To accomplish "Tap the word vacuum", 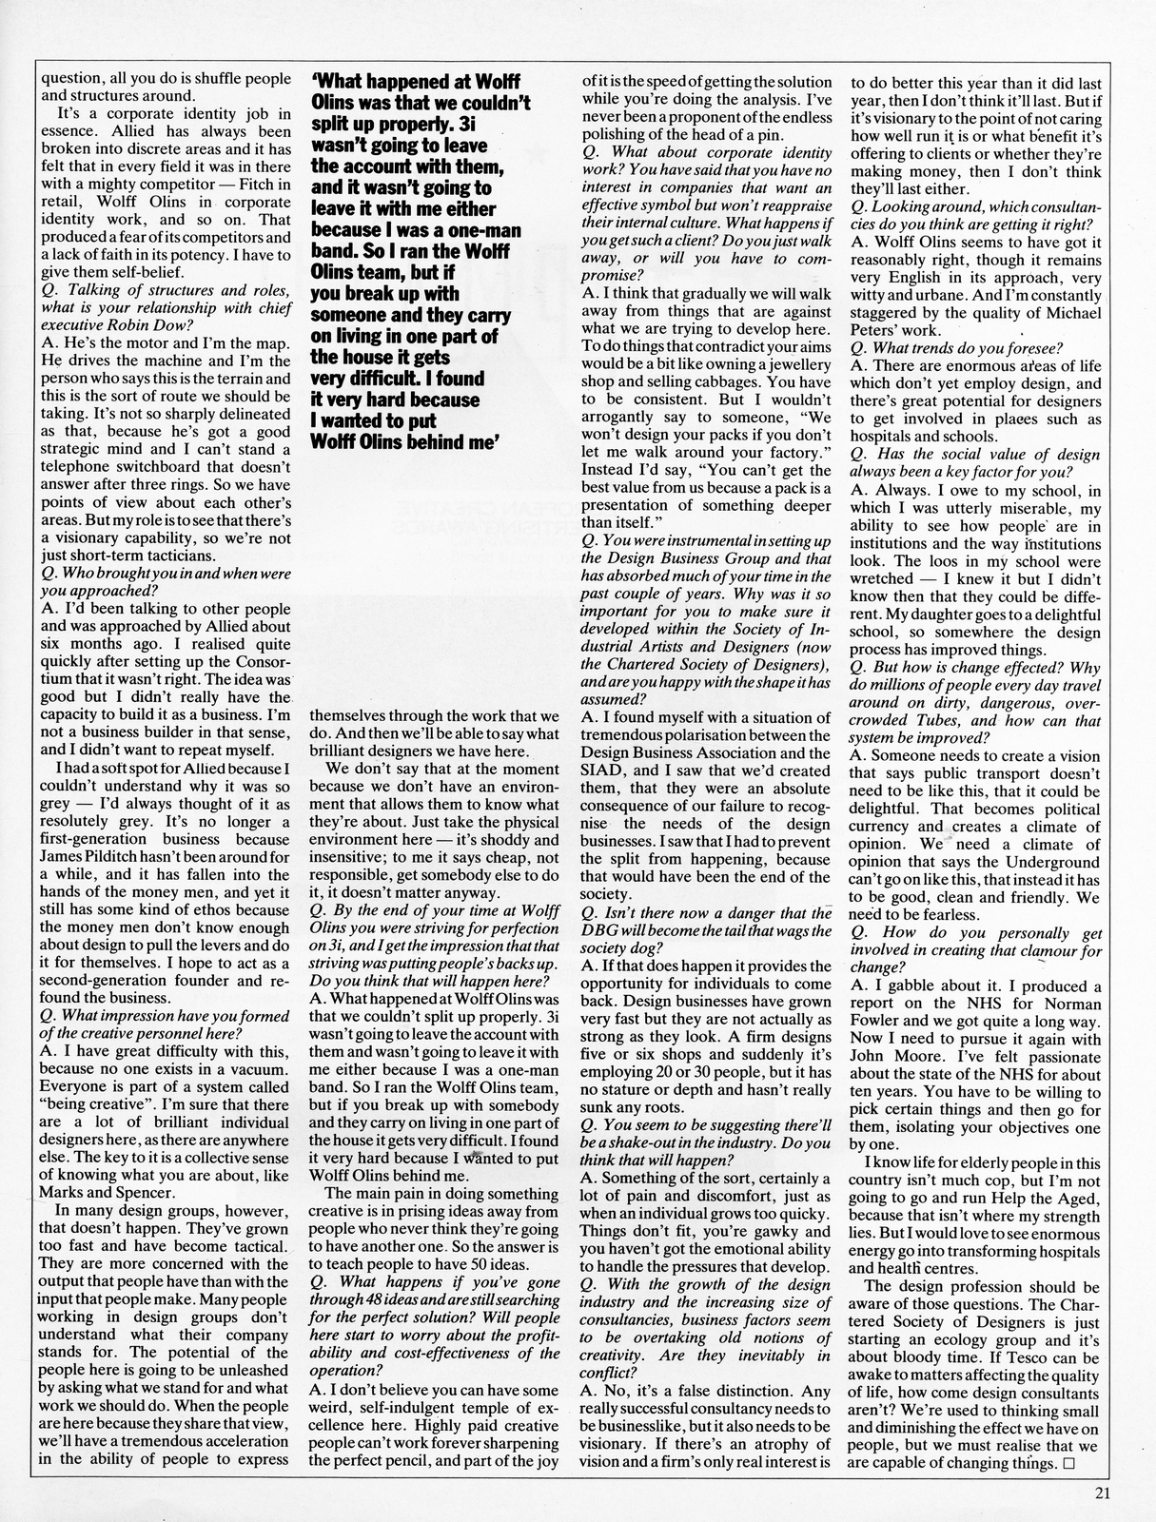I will click(x=260, y=1069).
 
